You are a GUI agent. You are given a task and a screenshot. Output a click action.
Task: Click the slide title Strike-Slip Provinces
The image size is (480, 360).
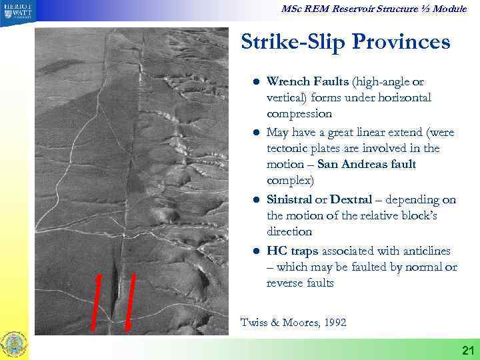point(345,43)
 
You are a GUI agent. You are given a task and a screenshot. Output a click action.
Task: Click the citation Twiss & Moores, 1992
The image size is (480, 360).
point(293,323)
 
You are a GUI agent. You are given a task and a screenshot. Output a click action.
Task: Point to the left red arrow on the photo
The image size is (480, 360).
point(97,299)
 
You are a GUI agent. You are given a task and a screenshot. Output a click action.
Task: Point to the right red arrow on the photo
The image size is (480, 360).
point(131,301)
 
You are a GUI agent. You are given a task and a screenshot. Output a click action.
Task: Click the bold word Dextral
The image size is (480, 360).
point(351,200)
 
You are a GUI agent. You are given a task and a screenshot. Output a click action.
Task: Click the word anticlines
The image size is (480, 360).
point(423,251)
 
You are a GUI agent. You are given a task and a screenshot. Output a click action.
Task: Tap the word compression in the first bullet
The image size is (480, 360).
point(299,114)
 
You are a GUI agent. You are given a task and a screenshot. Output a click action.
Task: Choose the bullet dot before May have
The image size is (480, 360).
point(255,132)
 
